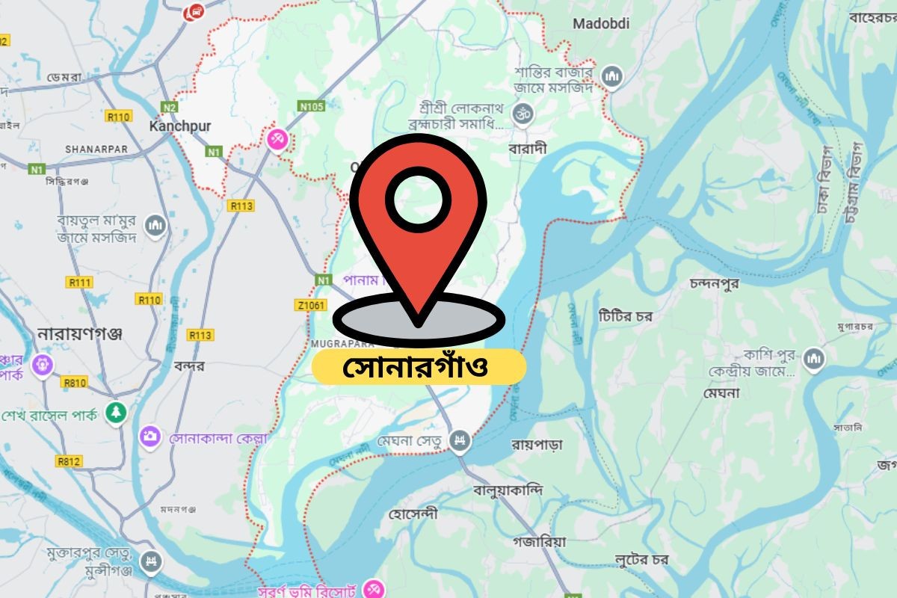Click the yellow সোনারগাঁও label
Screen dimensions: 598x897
pyautogui.click(x=419, y=367)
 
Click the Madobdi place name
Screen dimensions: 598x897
pyautogui.click(x=601, y=24)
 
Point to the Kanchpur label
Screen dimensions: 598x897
pyautogui.click(x=180, y=126)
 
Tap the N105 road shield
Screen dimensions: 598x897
pyautogui.click(x=311, y=107)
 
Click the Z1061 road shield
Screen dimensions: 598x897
pyautogui.click(x=311, y=305)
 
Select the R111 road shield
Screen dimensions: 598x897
pyautogui.click(x=79, y=283)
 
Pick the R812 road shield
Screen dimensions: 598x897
pyautogui.click(x=69, y=461)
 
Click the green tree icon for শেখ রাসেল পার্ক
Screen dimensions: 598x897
pyautogui.click(x=115, y=412)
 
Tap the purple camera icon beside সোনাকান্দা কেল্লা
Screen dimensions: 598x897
pyautogui.click(x=150, y=437)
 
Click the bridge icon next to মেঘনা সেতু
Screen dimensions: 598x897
pyautogui.click(x=460, y=441)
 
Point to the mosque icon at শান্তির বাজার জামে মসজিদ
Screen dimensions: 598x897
pyautogui.click(x=611, y=76)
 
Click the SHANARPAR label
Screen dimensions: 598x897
pyautogui.click(x=96, y=149)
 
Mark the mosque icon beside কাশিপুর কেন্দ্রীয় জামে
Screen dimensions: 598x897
pyautogui.click(x=814, y=360)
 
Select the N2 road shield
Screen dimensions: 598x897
pyautogui.click(x=170, y=108)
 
